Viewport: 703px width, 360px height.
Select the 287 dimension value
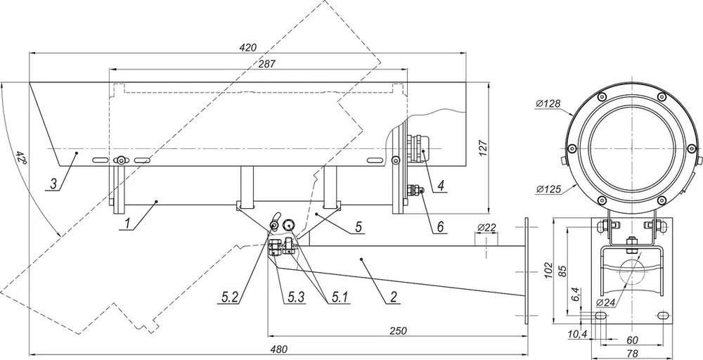(266, 64)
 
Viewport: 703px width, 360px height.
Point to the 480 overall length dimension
(279, 349)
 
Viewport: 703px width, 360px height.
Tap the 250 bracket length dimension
(398, 331)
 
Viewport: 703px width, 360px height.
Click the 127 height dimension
(482, 148)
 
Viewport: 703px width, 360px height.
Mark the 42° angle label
(20, 157)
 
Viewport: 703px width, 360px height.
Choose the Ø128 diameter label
(548, 104)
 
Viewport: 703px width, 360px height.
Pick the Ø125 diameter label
(548, 190)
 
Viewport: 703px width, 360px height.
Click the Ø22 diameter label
(486, 228)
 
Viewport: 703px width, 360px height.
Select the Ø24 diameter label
(605, 302)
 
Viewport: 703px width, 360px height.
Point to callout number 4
(441, 185)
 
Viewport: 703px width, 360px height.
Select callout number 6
(440, 227)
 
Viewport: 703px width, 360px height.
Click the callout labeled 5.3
(297, 296)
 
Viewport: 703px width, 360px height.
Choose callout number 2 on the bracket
(394, 296)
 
